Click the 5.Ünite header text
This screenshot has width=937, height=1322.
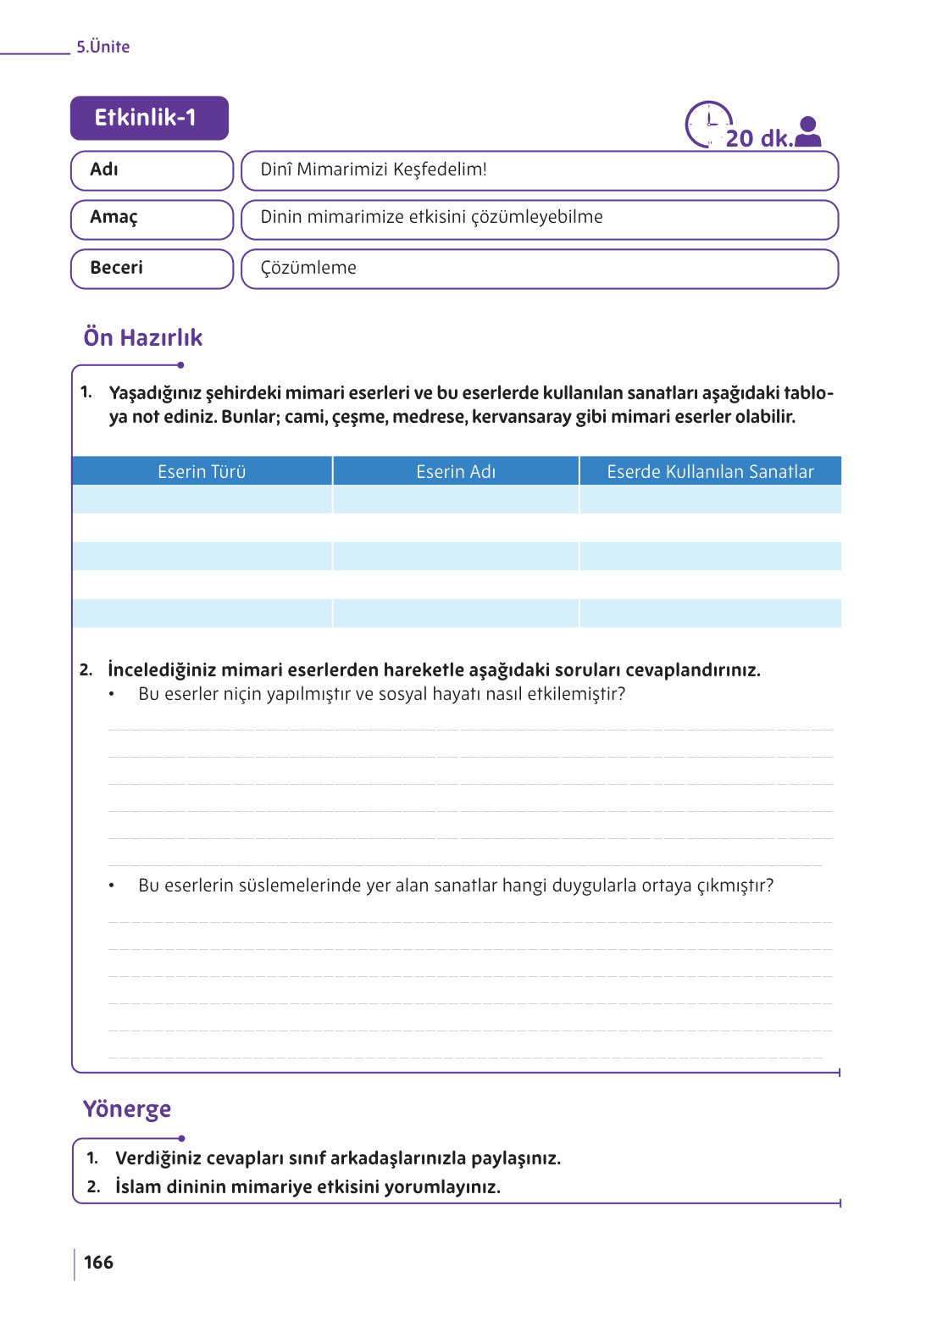(103, 47)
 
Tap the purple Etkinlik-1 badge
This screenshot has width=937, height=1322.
(149, 118)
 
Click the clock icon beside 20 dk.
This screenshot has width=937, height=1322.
(707, 124)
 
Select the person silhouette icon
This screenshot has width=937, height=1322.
(808, 132)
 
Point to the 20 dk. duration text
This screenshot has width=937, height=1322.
(759, 138)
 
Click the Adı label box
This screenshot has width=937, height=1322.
(152, 170)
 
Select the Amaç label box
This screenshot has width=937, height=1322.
(152, 219)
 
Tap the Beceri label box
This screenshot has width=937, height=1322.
(152, 269)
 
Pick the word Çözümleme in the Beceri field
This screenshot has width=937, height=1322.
(308, 268)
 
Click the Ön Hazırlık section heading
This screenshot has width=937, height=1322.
(143, 337)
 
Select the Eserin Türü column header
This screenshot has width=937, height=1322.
(202, 471)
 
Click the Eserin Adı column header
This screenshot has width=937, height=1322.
(456, 471)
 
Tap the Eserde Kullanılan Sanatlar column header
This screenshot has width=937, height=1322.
(710, 471)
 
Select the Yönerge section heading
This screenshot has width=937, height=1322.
(127, 1108)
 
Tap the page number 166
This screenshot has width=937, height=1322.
(98, 1262)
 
